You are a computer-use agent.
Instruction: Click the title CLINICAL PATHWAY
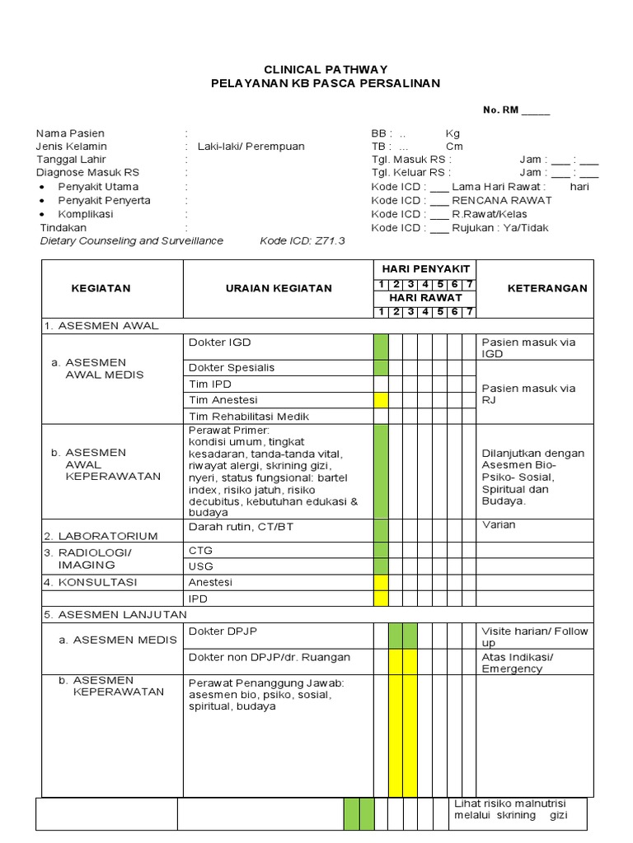tap(325, 70)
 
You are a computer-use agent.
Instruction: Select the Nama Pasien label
tap(70, 133)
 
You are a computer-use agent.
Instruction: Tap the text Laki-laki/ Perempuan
tap(251, 147)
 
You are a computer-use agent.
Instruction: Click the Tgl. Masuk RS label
tap(411, 160)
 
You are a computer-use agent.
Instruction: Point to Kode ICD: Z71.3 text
tap(302, 241)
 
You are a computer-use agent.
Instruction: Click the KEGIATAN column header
tap(101, 288)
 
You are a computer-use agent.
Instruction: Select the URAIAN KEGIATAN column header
tap(279, 288)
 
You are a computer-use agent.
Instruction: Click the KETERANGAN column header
tap(546, 288)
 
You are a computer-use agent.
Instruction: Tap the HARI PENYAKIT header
tap(425, 269)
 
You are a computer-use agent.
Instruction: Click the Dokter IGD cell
tap(220, 342)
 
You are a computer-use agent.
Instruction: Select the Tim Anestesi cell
tap(223, 400)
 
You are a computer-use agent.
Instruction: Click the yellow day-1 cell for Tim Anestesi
tap(381, 400)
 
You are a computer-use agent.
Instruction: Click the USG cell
tap(201, 566)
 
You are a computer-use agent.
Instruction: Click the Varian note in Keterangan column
tap(499, 525)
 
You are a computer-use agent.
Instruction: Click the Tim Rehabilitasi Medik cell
tap(249, 417)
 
